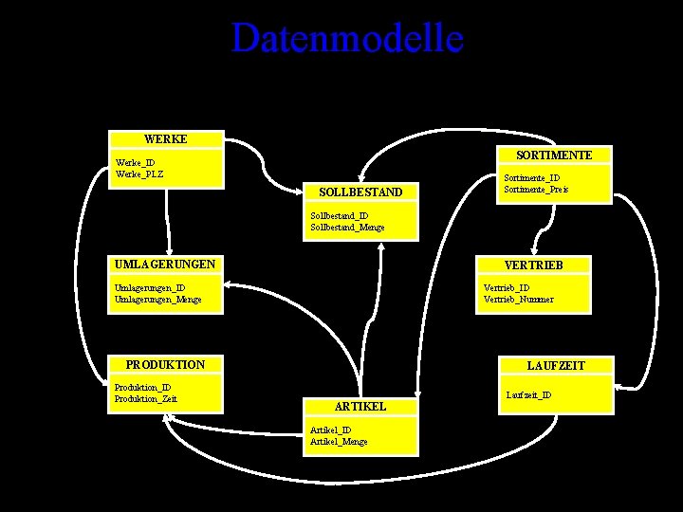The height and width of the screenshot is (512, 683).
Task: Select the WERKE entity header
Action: (x=165, y=139)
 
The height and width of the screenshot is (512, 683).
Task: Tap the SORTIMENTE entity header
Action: (x=554, y=155)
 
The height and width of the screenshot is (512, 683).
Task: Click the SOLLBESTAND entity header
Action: (x=360, y=192)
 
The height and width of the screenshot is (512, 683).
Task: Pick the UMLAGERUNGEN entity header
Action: (x=164, y=264)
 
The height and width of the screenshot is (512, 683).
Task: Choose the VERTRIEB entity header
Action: (x=535, y=265)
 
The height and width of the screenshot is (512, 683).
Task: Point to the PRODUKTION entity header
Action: (x=165, y=364)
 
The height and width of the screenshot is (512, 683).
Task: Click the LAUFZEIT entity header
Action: (x=556, y=365)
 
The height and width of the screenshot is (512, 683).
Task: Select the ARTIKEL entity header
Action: (x=360, y=406)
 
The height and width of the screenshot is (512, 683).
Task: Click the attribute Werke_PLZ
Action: (x=138, y=174)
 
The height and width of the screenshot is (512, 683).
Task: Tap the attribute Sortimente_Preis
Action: (x=536, y=190)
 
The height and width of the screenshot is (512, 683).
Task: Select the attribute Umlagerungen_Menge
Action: (x=157, y=300)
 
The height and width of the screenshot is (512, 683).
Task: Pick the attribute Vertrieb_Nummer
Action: (x=518, y=300)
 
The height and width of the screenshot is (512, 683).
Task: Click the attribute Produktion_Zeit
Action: (x=145, y=399)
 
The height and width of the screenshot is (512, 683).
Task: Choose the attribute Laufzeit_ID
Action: (x=529, y=394)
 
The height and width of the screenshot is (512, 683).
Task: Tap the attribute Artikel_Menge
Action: (x=339, y=442)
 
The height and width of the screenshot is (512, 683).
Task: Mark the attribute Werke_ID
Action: (x=135, y=163)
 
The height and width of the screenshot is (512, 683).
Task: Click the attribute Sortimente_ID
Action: (x=531, y=178)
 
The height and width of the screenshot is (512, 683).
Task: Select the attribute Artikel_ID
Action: (x=331, y=430)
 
